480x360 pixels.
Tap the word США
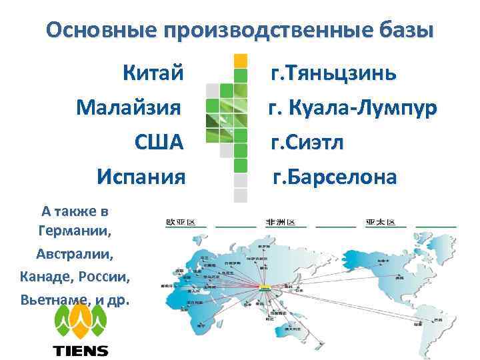158,142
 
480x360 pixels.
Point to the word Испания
141,177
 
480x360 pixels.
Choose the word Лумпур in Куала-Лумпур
396,107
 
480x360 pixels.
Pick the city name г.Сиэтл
312,142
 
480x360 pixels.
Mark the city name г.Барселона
334,177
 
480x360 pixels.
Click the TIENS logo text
80,350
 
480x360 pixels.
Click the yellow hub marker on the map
265,287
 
